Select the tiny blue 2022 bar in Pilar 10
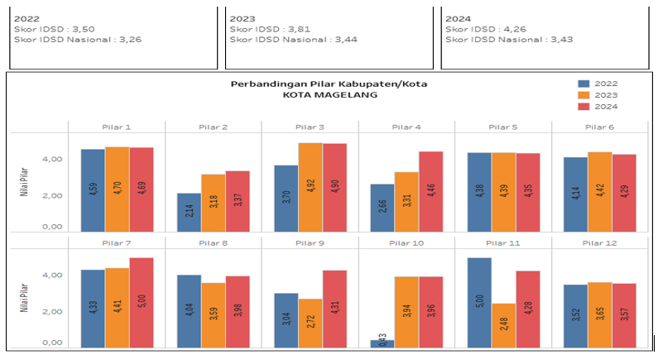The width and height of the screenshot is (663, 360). point(382,343)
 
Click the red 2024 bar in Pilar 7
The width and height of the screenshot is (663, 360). point(141,302)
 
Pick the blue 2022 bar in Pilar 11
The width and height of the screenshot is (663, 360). point(479,302)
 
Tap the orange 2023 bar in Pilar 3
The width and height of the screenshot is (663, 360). point(310,187)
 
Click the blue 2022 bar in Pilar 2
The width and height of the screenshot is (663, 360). point(190,212)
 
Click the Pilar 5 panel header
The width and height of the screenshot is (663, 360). point(503,127)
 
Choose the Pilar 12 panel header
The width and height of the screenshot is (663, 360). point(600,242)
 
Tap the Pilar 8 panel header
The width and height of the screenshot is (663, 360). point(213,242)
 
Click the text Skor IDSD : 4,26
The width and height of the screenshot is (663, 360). point(478,28)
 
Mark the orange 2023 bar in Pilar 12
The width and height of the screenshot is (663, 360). point(600,314)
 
